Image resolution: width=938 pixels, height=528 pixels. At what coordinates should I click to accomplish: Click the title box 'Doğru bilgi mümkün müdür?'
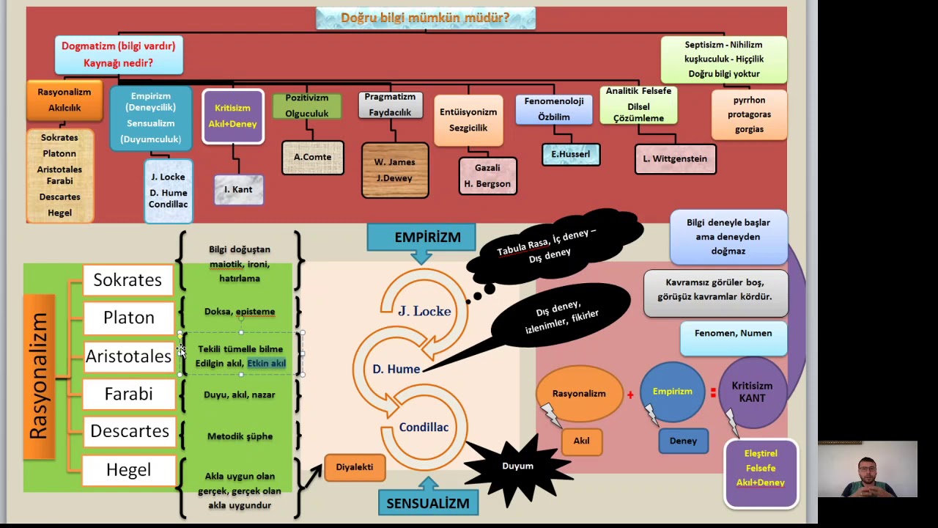point(426,18)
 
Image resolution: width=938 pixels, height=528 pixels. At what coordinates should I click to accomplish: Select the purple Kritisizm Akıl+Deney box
point(233,116)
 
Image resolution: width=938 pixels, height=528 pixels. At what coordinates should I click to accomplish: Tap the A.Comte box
point(313,157)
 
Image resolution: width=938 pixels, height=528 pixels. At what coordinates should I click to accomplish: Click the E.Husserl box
point(571,154)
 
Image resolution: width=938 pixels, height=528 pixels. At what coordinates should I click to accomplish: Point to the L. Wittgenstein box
point(675,159)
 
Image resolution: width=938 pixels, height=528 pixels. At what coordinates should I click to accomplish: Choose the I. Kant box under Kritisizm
point(238,189)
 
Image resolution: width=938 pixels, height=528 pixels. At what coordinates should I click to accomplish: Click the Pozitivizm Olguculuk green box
point(307,106)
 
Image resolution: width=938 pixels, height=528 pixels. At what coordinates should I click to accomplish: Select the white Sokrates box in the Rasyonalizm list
point(128,280)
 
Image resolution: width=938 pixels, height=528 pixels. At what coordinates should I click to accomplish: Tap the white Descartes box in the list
point(130,431)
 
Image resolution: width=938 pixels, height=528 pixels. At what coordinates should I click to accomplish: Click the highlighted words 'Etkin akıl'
point(266,363)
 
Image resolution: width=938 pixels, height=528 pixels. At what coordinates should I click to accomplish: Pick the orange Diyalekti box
point(355,467)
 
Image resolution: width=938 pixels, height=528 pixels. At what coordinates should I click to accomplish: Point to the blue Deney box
point(683,441)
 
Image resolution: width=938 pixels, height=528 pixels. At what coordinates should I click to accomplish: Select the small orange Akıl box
point(581,441)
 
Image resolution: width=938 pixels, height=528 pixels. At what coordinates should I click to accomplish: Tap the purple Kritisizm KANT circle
point(752,392)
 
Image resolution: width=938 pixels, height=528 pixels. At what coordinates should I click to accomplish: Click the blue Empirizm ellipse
point(672,392)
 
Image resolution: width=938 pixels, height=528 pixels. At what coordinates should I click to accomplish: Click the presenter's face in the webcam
point(867,473)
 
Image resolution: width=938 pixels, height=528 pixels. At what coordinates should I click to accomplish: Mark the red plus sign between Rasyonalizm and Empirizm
point(630,395)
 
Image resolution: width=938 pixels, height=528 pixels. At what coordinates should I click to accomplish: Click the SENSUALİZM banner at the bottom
point(428,503)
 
